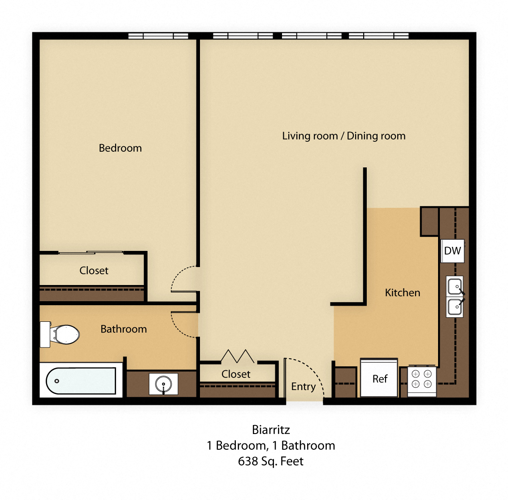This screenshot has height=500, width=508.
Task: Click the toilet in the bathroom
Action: point(60,334)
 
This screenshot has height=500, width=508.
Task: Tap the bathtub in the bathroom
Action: point(81,381)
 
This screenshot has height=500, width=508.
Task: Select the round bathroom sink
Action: point(163,384)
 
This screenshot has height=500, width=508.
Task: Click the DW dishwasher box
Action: point(452,250)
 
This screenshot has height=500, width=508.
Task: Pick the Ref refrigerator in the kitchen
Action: point(379,378)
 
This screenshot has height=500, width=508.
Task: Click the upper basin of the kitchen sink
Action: point(455,286)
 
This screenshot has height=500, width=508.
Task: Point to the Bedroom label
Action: point(120,148)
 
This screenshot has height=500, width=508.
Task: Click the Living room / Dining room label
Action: point(344,136)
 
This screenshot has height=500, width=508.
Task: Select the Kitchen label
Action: point(402,293)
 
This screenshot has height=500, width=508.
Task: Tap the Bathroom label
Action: point(123,329)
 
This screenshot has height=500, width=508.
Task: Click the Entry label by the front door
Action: point(303,386)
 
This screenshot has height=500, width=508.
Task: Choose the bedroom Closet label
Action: point(94,271)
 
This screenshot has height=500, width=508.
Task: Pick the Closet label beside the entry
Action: point(236,374)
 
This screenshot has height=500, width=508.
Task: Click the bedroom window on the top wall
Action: point(158,36)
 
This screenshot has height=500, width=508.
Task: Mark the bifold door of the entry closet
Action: point(237,356)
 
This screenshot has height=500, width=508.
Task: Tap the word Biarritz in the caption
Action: point(271,430)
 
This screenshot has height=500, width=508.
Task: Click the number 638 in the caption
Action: point(248,461)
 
